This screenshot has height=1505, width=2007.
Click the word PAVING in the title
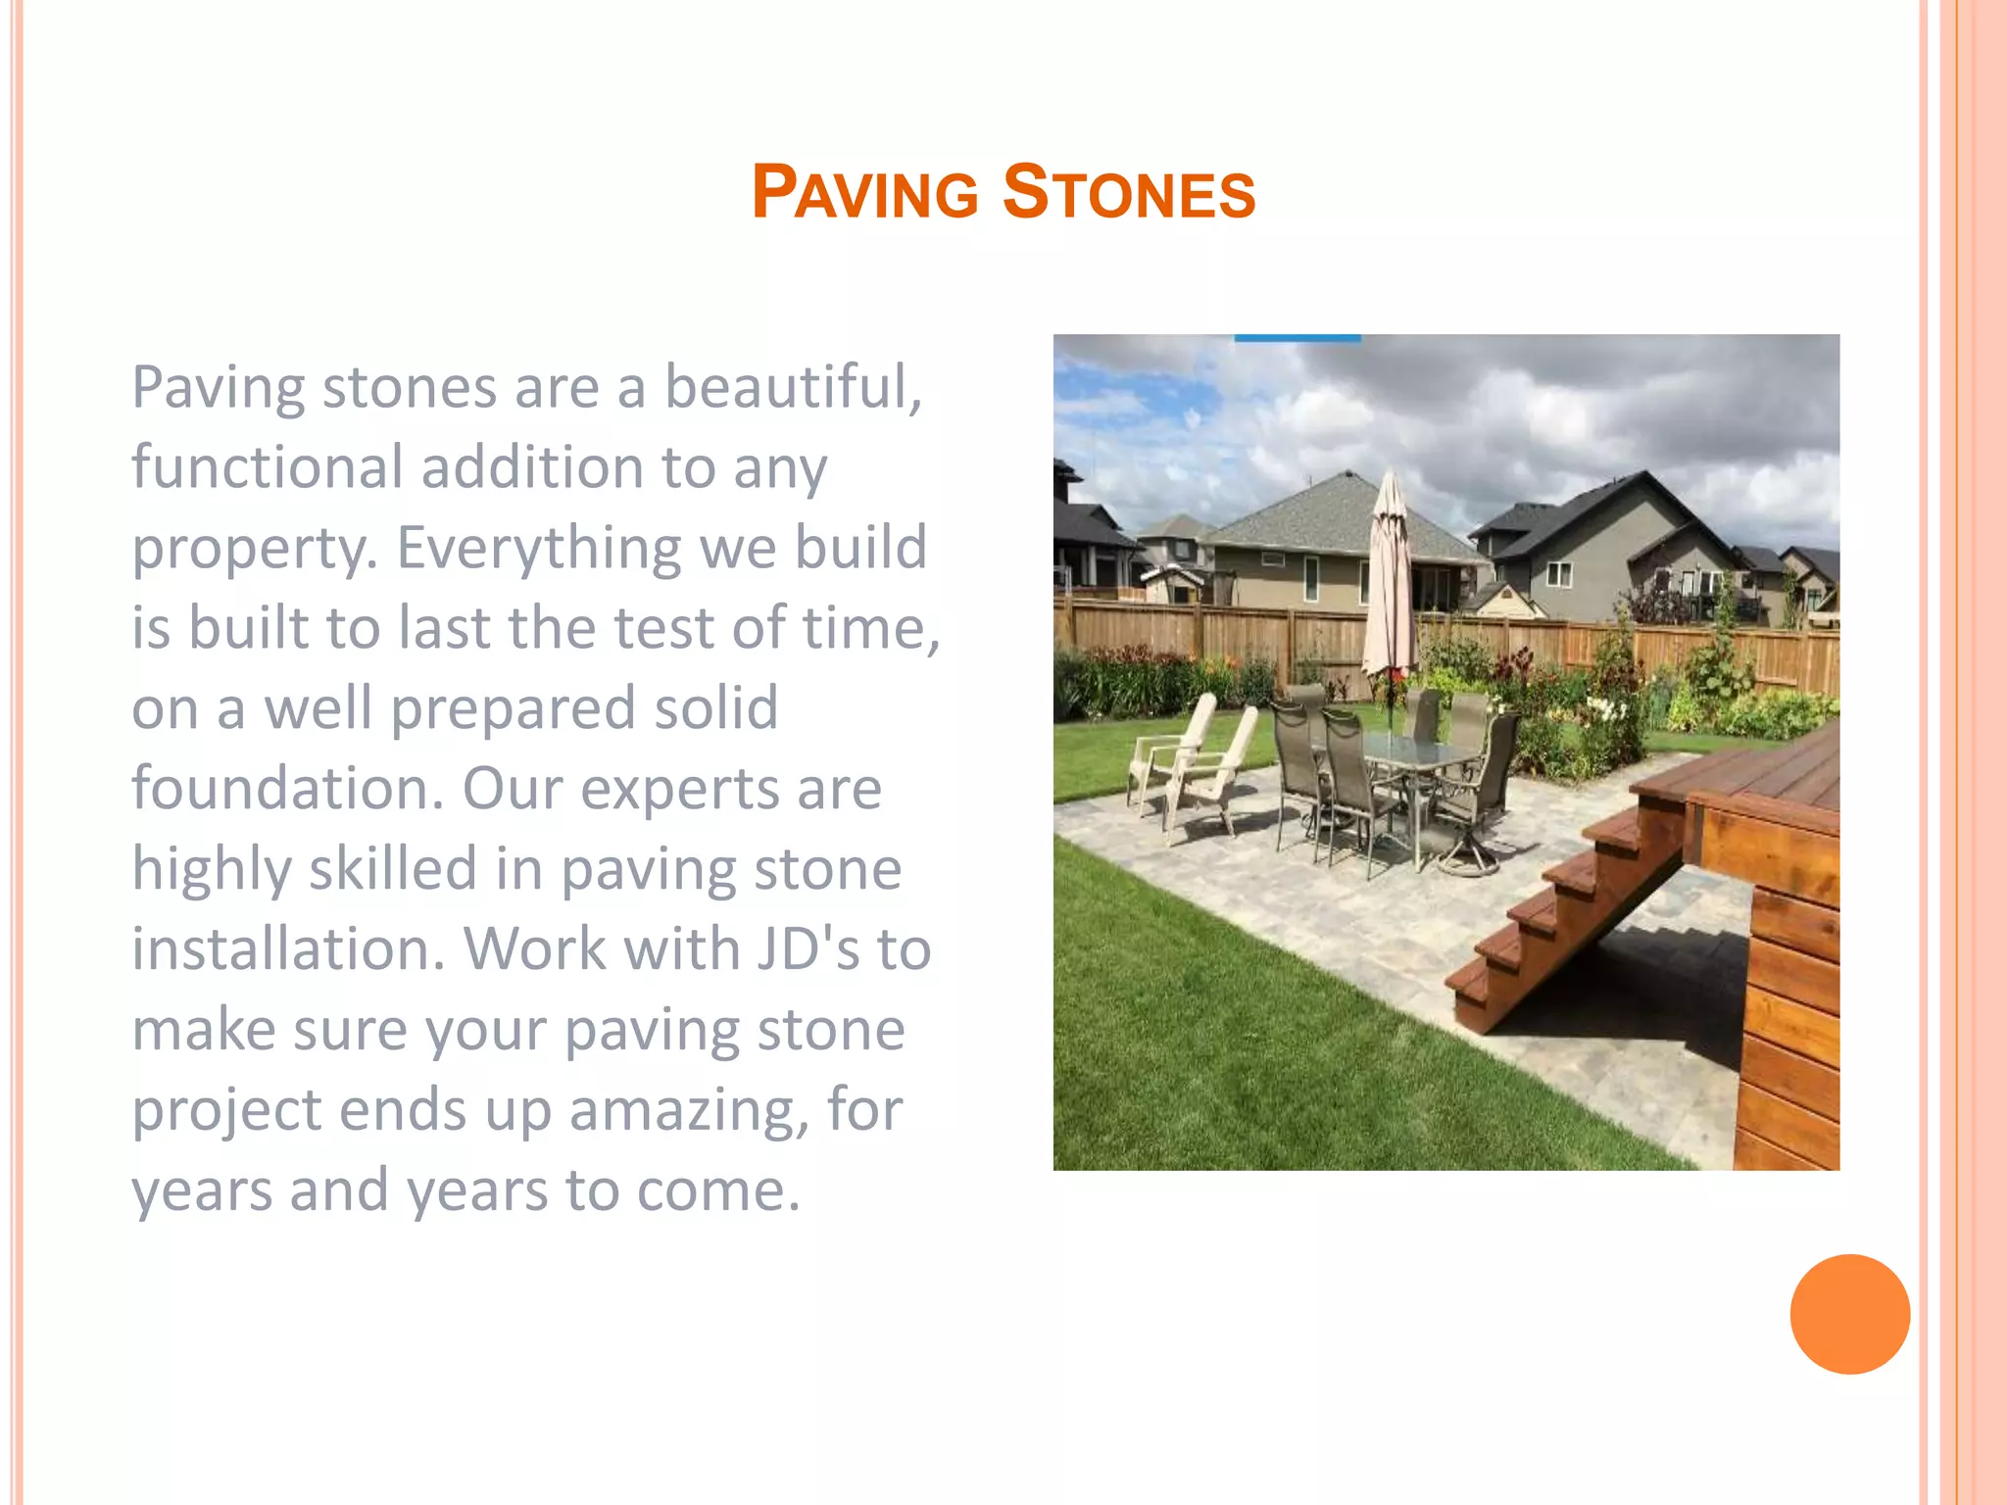(x=864, y=192)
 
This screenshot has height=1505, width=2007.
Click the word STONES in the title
(x=1128, y=192)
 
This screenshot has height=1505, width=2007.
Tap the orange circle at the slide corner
(x=1849, y=1314)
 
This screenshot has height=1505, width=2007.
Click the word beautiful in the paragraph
(x=793, y=387)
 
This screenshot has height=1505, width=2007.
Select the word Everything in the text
(x=538, y=548)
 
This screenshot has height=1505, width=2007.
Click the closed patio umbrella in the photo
(x=1389, y=578)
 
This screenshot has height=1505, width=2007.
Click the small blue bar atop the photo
(x=1297, y=338)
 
